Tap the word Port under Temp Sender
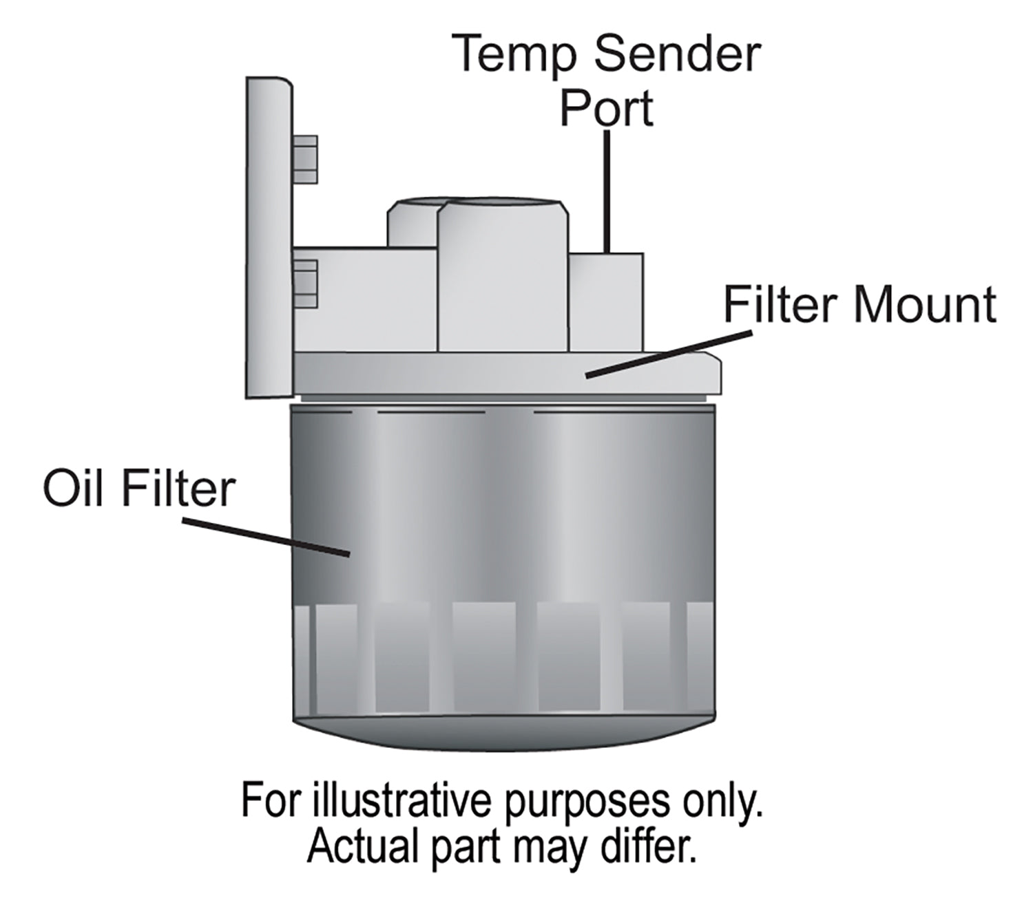(606, 108)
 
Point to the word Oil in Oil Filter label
(70, 489)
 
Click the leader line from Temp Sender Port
(607, 193)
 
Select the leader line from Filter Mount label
(668, 354)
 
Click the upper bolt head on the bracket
(305, 160)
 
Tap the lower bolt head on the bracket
(306, 284)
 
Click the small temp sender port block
(606, 301)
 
